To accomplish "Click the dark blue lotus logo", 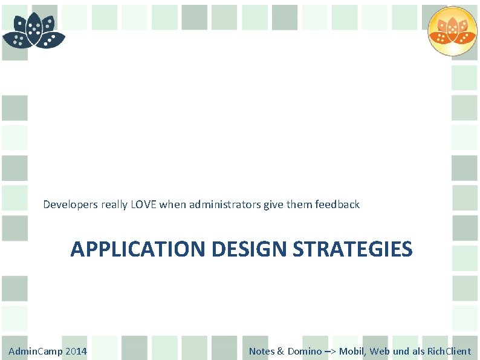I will coord(34,32).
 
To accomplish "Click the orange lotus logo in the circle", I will coord(452,31).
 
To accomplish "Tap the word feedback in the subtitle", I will coord(337,205).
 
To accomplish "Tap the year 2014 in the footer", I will coord(76,352).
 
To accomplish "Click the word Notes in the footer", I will coord(261,352).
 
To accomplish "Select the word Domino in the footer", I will coord(304,352).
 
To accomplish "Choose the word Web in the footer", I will coord(380,352).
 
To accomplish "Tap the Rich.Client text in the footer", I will coord(449,352).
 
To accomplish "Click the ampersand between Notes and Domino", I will coord(281,352).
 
